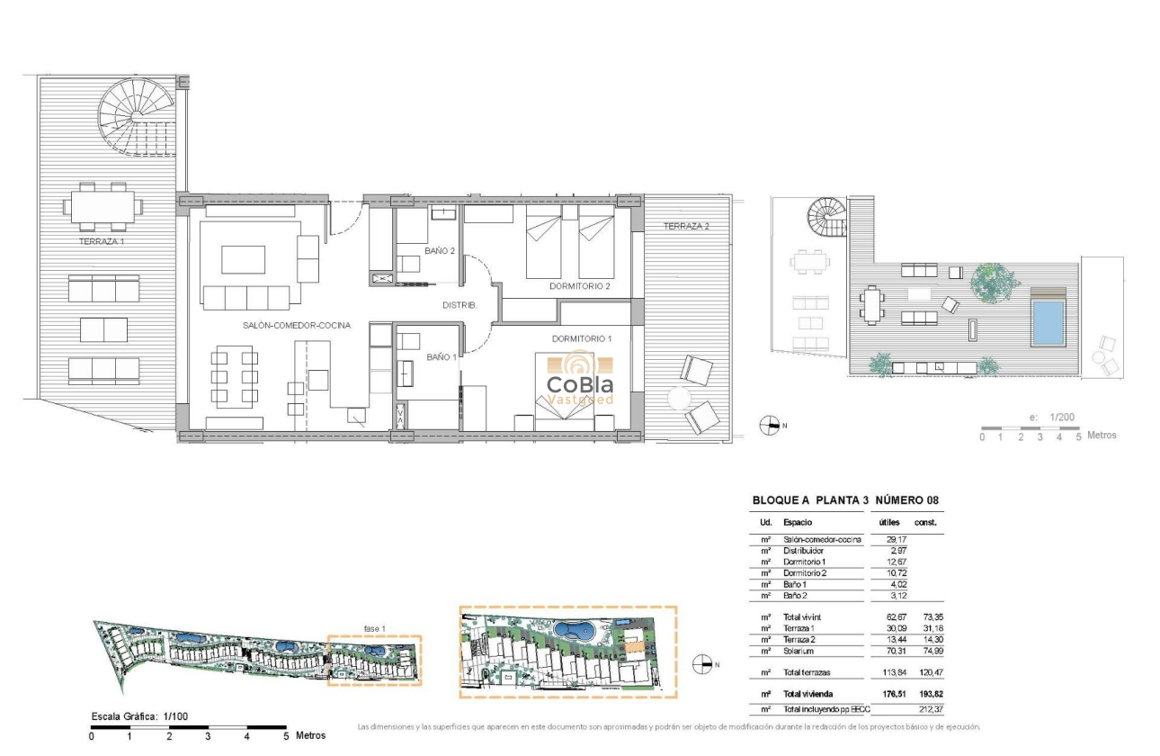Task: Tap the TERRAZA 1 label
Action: coord(102,242)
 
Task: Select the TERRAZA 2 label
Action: coord(686,227)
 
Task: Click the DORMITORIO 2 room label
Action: coord(580,287)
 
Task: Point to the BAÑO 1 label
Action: coord(441,357)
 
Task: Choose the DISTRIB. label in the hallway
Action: coord(460,305)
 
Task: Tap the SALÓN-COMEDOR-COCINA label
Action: coord(295,326)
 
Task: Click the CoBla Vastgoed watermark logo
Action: coord(580,382)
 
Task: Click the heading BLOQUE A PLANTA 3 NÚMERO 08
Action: coord(845,500)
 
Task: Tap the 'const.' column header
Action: coord(925,522)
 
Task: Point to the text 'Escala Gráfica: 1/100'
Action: coord(139,716)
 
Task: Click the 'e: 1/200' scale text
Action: coord(1050,418)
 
